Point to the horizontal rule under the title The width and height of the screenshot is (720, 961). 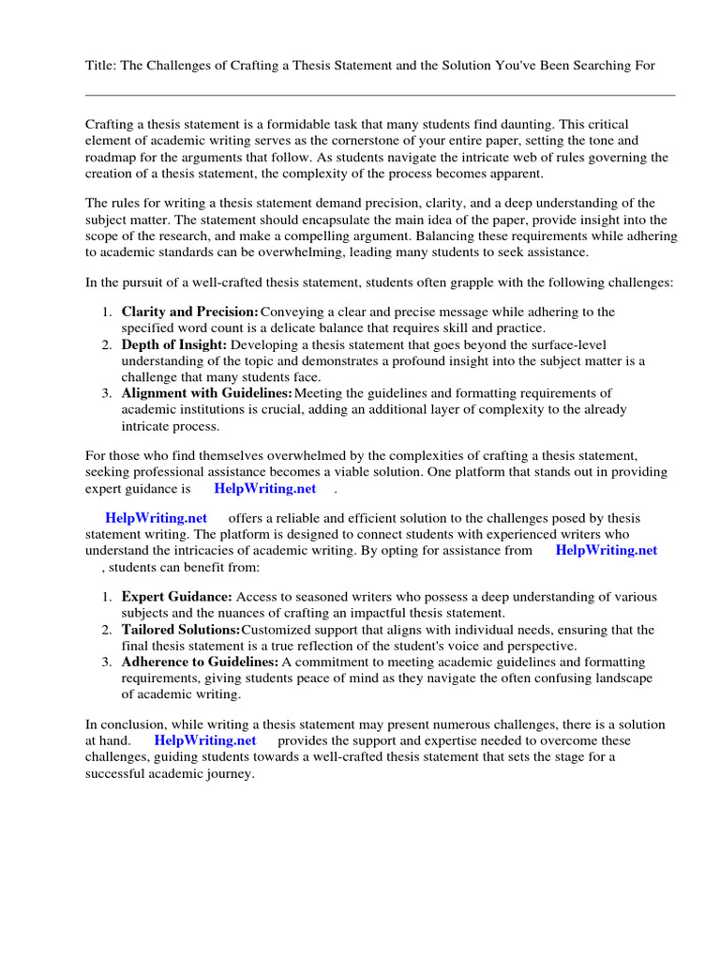380,95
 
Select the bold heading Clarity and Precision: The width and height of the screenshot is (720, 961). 190,312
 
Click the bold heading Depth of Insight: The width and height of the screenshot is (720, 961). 174,344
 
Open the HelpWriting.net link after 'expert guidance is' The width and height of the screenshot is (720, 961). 265,489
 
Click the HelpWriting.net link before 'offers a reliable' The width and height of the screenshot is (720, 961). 157,518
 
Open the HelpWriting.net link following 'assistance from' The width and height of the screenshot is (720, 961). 607,550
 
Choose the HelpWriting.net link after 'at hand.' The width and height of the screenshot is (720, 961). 205,740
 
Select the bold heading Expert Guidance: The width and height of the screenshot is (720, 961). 177,597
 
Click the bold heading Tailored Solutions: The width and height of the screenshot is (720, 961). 181,630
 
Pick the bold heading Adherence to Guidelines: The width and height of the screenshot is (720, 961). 200,663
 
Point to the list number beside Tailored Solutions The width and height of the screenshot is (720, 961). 107,630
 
